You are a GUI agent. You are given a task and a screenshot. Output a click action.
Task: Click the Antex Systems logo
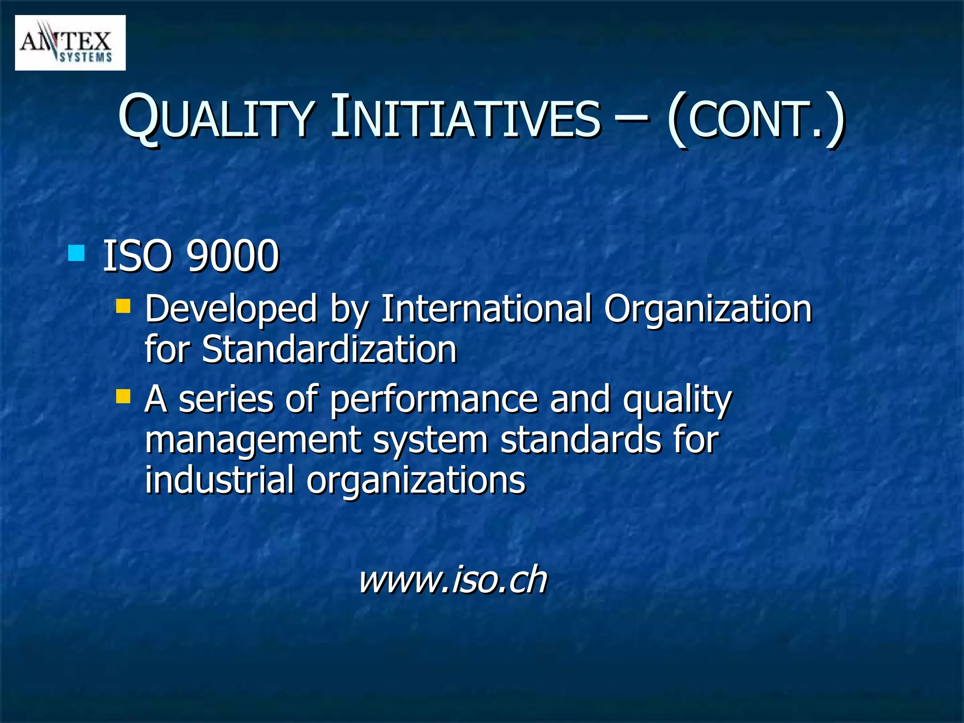(x=70, y=43)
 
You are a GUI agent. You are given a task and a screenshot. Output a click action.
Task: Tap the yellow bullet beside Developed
(x=123, y=306)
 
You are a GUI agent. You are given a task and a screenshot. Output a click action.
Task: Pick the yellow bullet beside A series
(x=123, y=396)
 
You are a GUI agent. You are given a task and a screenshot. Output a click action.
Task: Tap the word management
(x=253, y=441)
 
